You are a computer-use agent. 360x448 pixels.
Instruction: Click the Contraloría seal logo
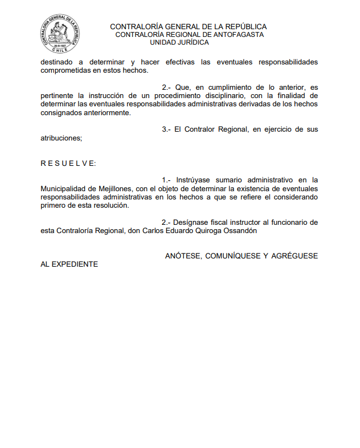click(x=60, y=35)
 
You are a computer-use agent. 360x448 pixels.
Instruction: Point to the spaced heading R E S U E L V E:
click(x=68, y=164)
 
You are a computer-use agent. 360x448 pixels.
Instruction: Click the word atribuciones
click(x=61, y=138)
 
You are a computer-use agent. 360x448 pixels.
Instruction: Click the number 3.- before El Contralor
click(x=166, y=129)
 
